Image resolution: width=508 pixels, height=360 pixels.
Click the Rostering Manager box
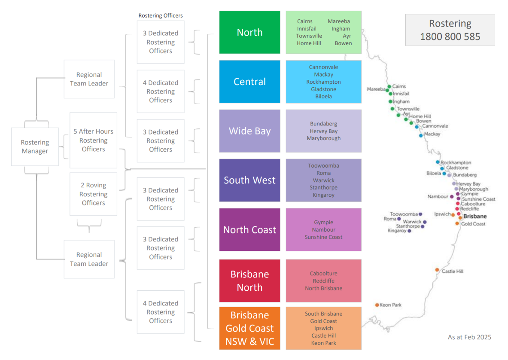(x=35, y=147)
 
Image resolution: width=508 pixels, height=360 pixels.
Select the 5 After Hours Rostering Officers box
(x=93, y=140)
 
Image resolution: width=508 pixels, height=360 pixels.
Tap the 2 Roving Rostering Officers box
(x=93, y=194)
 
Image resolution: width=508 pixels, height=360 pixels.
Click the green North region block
(x=249, y=32)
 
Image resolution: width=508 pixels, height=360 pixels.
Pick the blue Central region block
(x=249, y=82)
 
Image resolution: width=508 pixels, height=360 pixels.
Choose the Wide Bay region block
(x=249, y=131)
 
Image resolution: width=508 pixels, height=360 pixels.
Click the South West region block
(x=249, y=180)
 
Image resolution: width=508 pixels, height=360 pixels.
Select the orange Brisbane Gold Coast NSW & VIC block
(x=249, y=328)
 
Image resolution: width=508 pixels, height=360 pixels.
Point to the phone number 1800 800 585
(x=450, y=37)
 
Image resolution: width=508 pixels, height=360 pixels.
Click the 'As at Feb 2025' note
(x=469, y=337)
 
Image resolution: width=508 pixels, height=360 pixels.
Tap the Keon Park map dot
(x=377, y=305)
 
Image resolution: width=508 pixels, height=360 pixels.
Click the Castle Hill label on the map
(x=453, y=272)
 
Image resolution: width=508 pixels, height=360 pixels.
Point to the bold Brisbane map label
(x=475, y=217)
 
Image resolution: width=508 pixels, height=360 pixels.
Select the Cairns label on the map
(x=399, y=86)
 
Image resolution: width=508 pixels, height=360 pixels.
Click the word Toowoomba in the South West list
(x=323, y=166)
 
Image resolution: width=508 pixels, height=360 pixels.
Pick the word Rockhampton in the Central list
(x=323, y=82)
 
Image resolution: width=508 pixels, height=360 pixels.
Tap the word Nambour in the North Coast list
(x=323, y=230)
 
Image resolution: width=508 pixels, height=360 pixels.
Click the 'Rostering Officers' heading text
(x=161, y=15)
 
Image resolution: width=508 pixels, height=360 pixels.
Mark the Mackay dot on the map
(x=421, y=135)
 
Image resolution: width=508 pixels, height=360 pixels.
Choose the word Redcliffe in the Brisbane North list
(x=323, y=281)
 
